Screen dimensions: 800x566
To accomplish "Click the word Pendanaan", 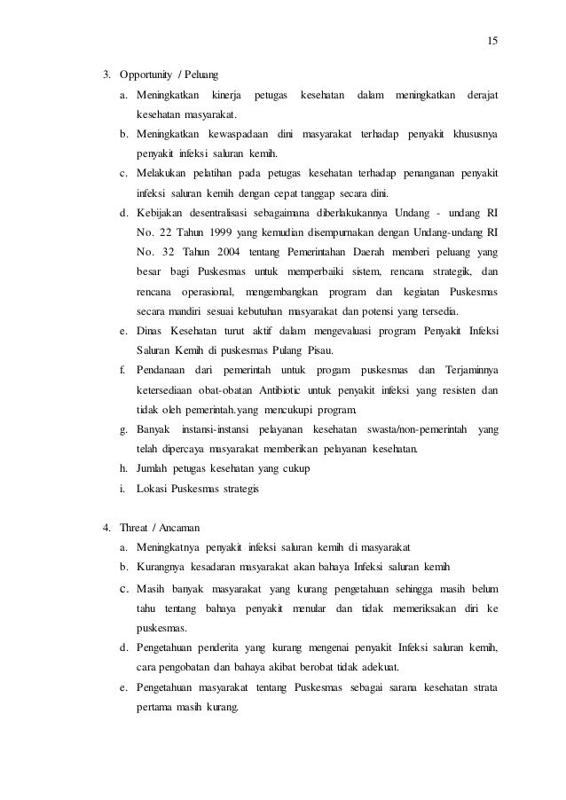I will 165,370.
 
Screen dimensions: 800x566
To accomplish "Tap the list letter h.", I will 122,468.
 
